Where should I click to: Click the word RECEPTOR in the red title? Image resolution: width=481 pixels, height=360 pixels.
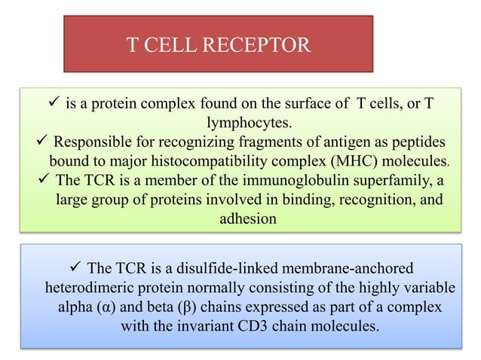(262, 46)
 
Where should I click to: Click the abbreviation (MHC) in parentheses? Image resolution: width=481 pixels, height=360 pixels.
(357, 161)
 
